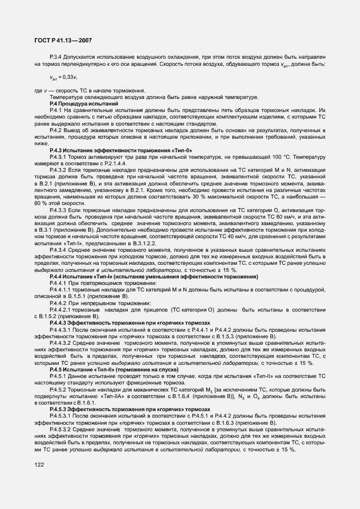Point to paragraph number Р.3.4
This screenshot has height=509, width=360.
(57, 56)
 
